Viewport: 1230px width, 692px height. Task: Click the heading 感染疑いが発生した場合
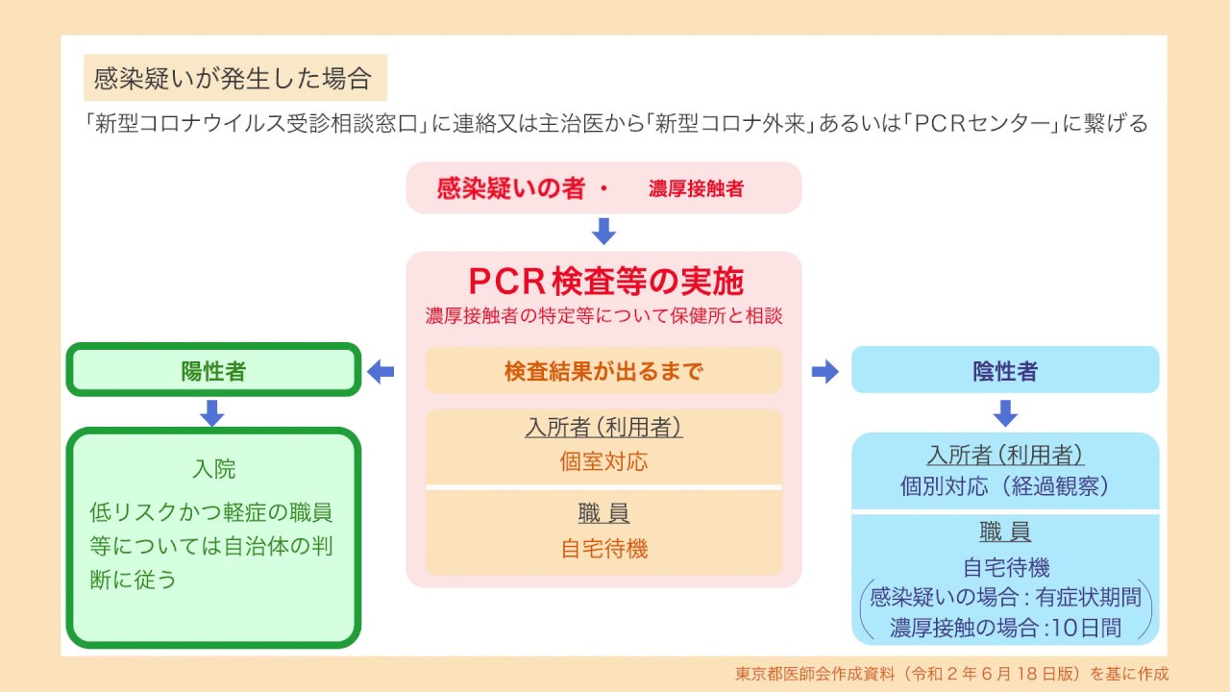[234, 78]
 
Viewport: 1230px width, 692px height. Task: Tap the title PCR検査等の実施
[605, 281]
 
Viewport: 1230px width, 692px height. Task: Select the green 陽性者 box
[213, 370]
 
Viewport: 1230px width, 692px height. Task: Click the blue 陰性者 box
[1005, 370]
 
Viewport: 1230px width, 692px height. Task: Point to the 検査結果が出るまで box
[603, 371]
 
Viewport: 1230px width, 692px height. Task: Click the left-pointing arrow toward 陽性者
[381, 371]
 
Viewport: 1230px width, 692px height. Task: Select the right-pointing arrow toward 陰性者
[824, 371]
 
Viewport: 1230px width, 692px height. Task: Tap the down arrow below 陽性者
[212, 412]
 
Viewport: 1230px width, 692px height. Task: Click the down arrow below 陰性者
[1005, 412]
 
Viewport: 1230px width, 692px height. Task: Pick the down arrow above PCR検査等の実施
[603, 232]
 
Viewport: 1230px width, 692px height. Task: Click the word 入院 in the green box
[213, 470]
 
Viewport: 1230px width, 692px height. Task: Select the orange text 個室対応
[603, 461]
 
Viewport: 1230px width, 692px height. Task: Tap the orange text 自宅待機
[603, 549]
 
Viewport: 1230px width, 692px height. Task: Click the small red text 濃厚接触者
[696, 189]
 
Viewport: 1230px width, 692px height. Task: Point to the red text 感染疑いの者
[510, 188]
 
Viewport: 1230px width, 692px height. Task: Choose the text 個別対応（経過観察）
[1005, 485]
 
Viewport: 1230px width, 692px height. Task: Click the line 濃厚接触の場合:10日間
[1005, 629]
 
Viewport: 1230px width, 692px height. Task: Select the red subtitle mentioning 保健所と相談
[603, 315]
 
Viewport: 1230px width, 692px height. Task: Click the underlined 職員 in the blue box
[1005, 532]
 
